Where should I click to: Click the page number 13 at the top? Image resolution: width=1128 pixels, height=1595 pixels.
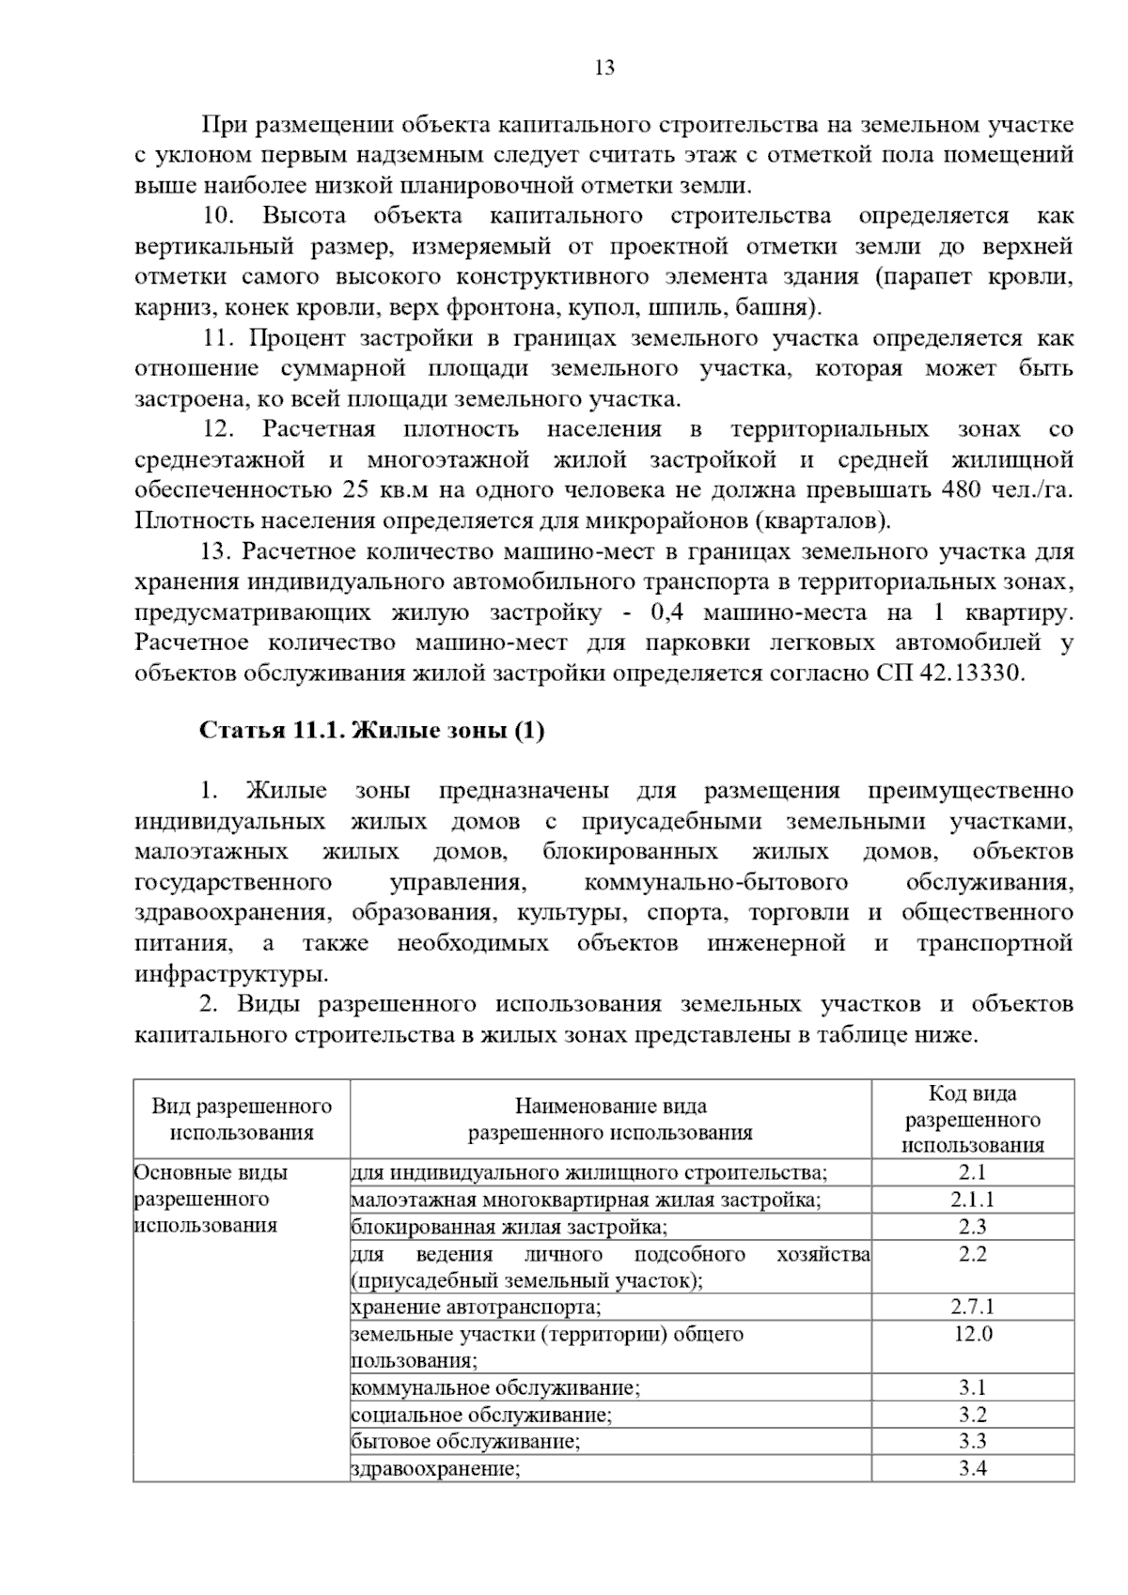pos(604,68)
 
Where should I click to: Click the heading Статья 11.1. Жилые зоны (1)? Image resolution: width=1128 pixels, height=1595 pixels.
pos(371,731)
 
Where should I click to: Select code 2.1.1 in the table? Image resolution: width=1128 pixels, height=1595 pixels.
pos(972,1200)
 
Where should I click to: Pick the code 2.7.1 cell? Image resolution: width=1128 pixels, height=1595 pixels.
pos(972,1307)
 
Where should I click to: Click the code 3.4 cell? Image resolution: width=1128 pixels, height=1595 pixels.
pos(972,1468)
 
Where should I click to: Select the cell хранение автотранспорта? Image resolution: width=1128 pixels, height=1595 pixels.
pos(476,1307)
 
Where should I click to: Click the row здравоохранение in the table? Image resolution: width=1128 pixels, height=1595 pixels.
pos(435,1468)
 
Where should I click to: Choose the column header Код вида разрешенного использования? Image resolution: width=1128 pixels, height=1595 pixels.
pos(972,1119)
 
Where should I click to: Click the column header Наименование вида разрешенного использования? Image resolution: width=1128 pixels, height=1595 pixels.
pos(610,1119)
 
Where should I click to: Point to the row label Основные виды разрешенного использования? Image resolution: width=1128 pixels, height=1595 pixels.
pos(211,1199)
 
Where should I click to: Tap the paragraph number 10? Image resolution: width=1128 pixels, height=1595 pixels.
pos(218,215)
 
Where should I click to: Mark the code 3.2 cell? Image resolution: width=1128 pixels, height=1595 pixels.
pos(972,1415)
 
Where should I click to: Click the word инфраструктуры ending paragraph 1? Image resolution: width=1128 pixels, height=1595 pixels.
pos(231,972)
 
